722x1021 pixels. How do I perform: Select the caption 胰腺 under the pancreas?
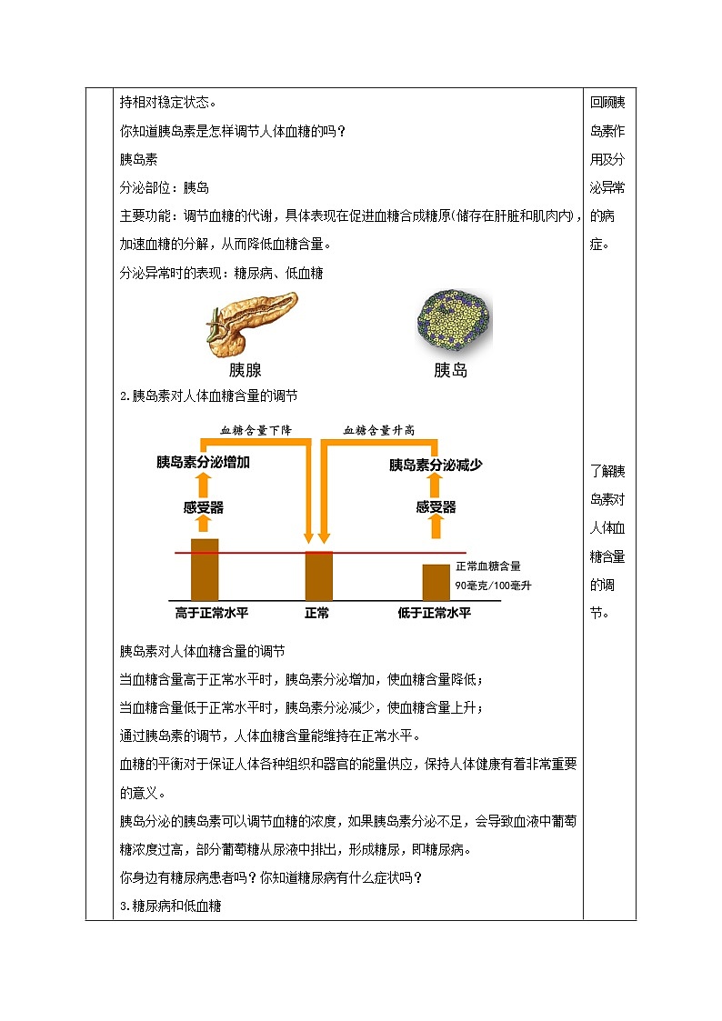click(246, 371)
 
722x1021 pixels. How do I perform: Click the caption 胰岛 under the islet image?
click(450, 371)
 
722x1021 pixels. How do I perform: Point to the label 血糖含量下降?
click(256, 430)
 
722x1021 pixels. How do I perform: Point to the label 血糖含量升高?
click(378, 430)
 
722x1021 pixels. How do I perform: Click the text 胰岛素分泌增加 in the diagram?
click(203, 462)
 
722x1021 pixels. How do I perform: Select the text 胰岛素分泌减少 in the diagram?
click(436, 465)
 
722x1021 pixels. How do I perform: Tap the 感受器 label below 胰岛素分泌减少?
click(436, 506)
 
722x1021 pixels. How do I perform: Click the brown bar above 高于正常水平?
click(205, 569)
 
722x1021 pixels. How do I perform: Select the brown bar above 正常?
click(318, 575)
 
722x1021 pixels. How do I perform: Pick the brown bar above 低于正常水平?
click(436, 582)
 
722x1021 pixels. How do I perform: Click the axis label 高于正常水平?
click(206, 613)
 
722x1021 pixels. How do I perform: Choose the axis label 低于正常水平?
click(435, 613)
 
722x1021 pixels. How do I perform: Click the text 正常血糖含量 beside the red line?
click(488, 566)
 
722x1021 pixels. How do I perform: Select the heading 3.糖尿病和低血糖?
click(171, 906)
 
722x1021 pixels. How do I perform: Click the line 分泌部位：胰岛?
click(165, 187)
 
